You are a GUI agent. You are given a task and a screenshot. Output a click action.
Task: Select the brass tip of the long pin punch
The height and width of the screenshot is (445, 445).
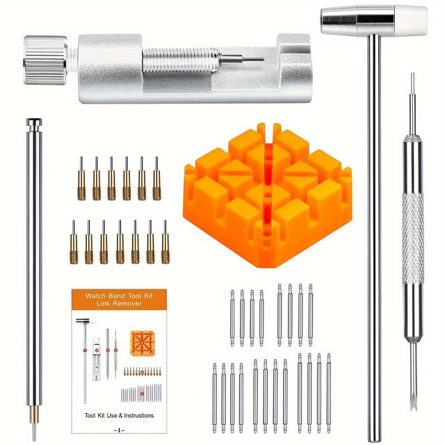pos(33,420)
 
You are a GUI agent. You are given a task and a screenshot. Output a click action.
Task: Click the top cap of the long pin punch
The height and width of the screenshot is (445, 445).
pos(33,124)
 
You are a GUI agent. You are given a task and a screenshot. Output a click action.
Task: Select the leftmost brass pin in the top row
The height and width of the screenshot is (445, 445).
pos(81,178)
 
